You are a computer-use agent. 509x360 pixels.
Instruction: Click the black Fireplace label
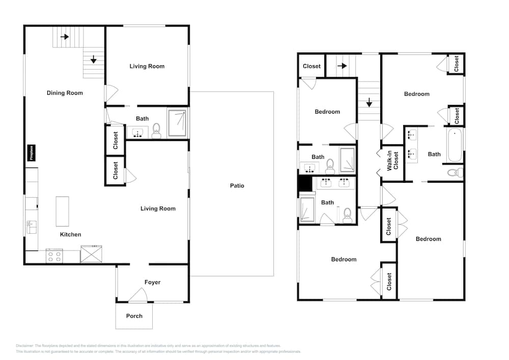(x=31, y=153)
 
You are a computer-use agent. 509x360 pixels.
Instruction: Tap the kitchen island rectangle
(x=62, y=211)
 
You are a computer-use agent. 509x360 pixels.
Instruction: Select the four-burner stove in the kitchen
(x=54, y=256)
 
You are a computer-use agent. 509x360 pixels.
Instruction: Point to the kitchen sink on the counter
(x=31, y=225)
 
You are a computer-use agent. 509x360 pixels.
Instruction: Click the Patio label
(x=237, y=186)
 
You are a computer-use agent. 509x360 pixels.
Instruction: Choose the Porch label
(x=134, y=316)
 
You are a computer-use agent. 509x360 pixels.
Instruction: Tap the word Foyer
(x=152, y=282)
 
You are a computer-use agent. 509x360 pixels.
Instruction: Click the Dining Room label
(x=65, y=93)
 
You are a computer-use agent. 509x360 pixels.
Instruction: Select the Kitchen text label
(x=70, y=235)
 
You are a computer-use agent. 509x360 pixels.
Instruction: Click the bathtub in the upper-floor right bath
(x=455, y=145)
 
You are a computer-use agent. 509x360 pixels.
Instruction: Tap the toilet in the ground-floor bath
(x=156, y=131)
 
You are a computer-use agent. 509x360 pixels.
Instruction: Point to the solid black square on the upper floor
(x=305, y=184)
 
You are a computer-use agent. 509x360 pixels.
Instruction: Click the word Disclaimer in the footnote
(x=24, y=346)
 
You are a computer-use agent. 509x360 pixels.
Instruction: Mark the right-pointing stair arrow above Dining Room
(x=65, y=37)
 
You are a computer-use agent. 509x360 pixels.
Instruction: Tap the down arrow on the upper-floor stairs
(x=369, y=103)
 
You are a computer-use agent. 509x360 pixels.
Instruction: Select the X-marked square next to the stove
(x=91, y=254)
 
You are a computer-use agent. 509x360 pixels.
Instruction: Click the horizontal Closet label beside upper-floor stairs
(x=312, y=66)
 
